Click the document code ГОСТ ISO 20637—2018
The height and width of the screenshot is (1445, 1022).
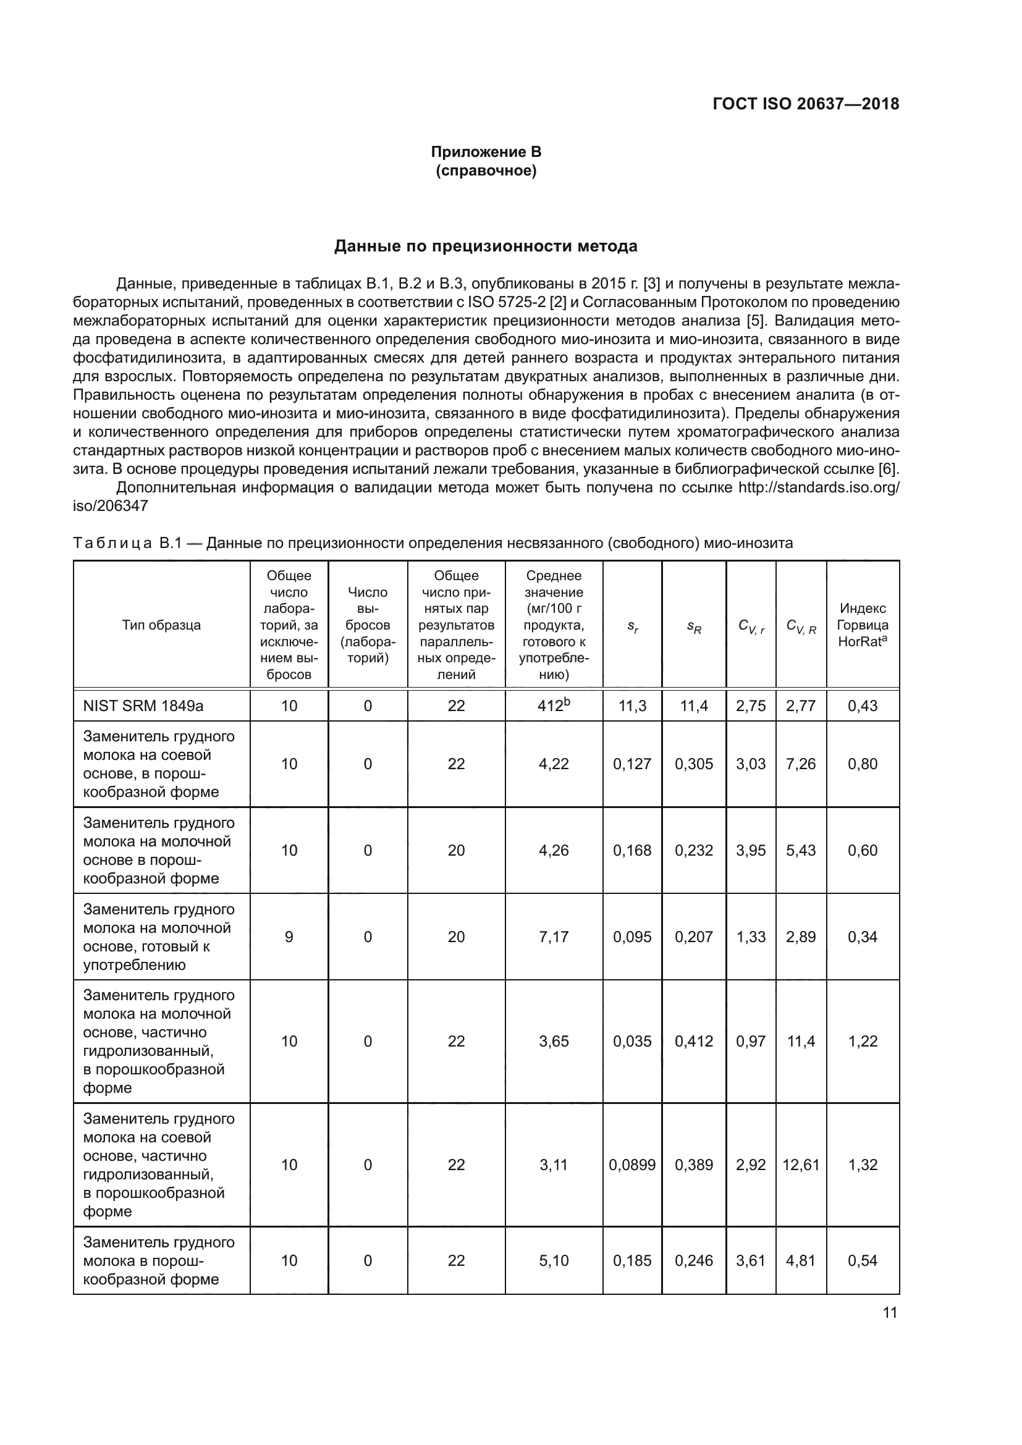[806, 104]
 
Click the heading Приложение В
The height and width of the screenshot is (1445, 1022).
[486, 152]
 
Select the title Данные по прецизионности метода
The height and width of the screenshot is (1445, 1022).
[485, 246]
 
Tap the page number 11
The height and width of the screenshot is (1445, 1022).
[889, 1312]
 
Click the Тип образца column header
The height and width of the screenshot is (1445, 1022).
[161, 625]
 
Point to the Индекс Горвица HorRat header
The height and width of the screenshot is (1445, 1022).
[862, 625]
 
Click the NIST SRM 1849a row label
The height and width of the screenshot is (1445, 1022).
[143, 706]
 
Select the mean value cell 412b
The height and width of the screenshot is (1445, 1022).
[553, 706]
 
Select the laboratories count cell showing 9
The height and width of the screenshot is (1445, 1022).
[289, 937]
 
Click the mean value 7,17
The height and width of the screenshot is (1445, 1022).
[553, 937]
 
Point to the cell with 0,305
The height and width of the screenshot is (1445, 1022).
[693, 764]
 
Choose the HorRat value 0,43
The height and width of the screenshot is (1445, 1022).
[862, 706]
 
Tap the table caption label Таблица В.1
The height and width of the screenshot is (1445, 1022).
[127, 543]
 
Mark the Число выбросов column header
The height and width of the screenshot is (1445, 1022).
[368, 625]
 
